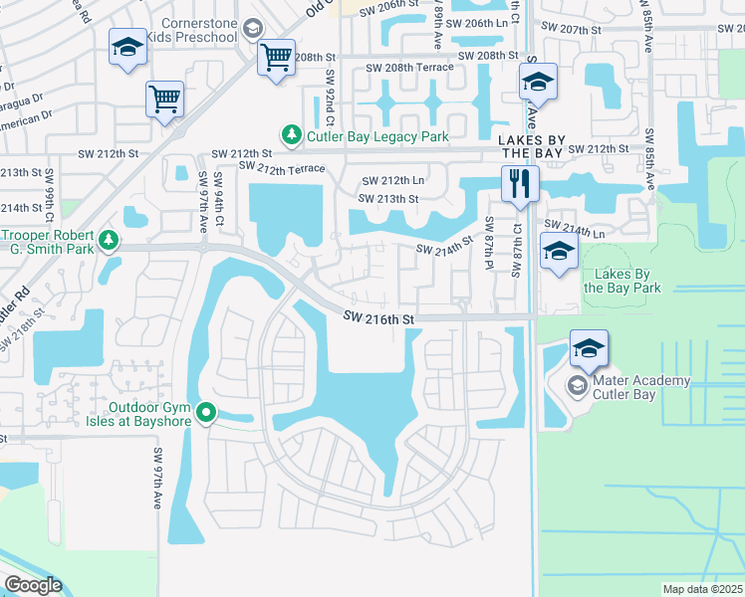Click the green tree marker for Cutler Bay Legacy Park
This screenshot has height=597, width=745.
290,134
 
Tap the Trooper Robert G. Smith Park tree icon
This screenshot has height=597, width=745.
109,240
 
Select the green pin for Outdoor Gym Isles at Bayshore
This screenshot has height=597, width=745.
206,410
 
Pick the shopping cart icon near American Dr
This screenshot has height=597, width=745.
164,99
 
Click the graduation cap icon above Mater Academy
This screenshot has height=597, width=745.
590,349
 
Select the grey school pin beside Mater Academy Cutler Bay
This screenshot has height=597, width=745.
577,384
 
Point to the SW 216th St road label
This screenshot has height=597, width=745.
378,318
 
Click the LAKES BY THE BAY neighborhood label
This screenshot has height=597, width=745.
532,147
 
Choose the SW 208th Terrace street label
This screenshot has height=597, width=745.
408,67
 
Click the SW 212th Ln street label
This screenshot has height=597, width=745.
392,181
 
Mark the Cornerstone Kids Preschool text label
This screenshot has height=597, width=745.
191,30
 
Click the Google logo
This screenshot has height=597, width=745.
33,585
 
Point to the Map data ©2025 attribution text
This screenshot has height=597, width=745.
702,589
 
